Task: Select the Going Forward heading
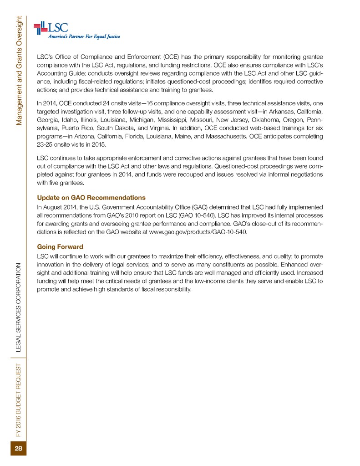click(x=60, y=246)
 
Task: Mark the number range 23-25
click(x=45, y=145)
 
